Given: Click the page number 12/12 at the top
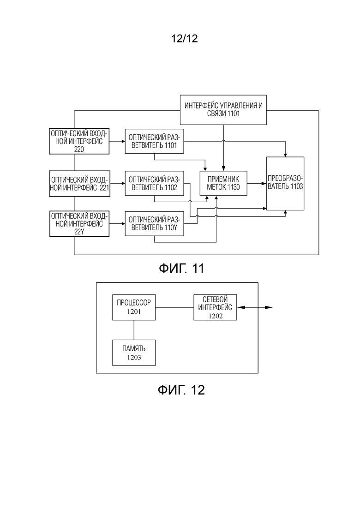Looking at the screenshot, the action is (184, 39).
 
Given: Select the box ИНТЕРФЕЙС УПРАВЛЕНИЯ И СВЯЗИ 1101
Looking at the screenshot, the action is (223, 110).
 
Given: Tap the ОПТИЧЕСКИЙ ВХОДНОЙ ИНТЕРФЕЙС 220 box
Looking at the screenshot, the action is (79, 141).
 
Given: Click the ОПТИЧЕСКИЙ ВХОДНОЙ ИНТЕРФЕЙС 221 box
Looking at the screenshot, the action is (79, 183).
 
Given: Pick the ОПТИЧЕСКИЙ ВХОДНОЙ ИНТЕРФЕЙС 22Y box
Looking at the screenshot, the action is (79, 224).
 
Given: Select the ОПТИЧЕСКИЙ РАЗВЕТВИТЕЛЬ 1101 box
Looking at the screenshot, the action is (154, 141).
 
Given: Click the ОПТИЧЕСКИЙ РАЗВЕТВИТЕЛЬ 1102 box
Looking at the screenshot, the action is (154, 183).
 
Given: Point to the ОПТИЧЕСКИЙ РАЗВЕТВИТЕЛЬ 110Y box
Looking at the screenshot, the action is (154, 224).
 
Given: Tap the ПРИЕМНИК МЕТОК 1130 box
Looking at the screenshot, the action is (223, 183).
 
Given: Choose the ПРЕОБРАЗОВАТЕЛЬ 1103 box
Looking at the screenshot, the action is (285, 183).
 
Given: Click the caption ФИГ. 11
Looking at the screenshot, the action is (181, 269).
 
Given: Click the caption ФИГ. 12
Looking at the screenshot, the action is (181, 389).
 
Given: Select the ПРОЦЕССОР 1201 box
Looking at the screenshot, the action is (134, 307).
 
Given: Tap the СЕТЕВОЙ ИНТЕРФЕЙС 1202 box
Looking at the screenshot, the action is (215, 307).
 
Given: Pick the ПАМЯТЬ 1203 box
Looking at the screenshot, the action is (134, 353).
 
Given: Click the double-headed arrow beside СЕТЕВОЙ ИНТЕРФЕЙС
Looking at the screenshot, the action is (255, 307).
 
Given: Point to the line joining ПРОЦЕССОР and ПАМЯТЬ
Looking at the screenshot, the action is (134, 330).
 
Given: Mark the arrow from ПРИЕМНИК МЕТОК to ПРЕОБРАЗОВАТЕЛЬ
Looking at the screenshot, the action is (257, 183).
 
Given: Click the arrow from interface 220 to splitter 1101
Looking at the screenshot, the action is (117, 141).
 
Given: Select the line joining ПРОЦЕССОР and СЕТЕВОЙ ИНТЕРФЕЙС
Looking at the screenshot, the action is (174, 307).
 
